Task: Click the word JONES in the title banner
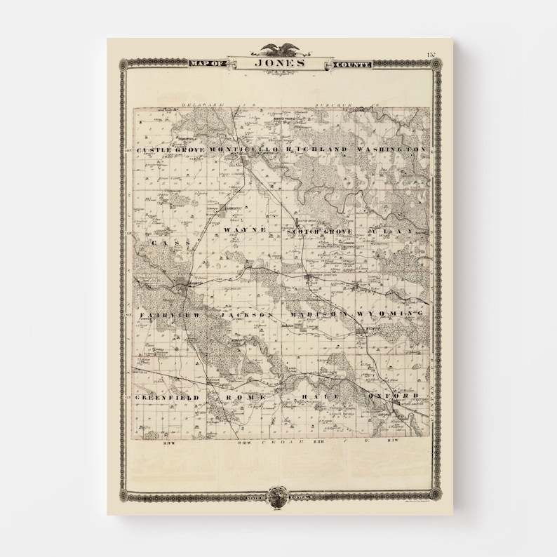click(280, 62)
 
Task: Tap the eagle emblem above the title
click(280, 49)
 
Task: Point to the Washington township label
click(391, 150)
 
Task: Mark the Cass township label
click(164, 243)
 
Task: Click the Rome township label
click(246, 397)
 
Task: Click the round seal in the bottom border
click(279, 494)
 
